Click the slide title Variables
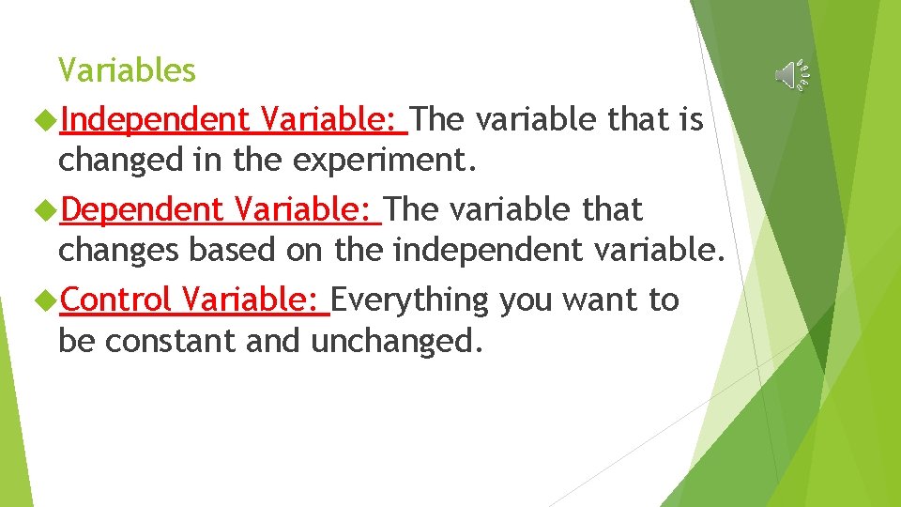click(x=127, y=70)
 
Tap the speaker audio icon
click(x=790, y=75)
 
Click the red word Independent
click(x=156, y=120)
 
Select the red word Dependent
click(x=143, y=210)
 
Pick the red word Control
click(x=116, y=300)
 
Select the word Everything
click(x=410, y=300)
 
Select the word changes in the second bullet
click(x=119, y=252)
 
